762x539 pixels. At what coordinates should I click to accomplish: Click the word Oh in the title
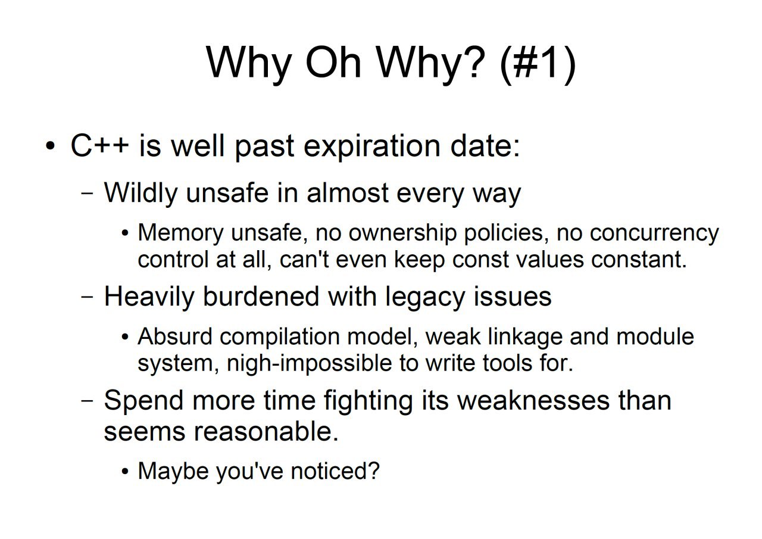333,63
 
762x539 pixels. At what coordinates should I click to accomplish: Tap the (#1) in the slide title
538,65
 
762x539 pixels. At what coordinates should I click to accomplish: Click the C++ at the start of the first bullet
99,146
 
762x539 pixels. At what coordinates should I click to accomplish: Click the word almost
348,193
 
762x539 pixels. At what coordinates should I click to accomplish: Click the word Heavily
149,297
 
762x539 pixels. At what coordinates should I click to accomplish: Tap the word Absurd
175,337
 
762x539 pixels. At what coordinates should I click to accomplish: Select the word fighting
368,401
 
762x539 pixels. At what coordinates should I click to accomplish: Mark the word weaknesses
533,400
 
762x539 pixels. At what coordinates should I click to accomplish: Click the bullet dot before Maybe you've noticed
125,472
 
